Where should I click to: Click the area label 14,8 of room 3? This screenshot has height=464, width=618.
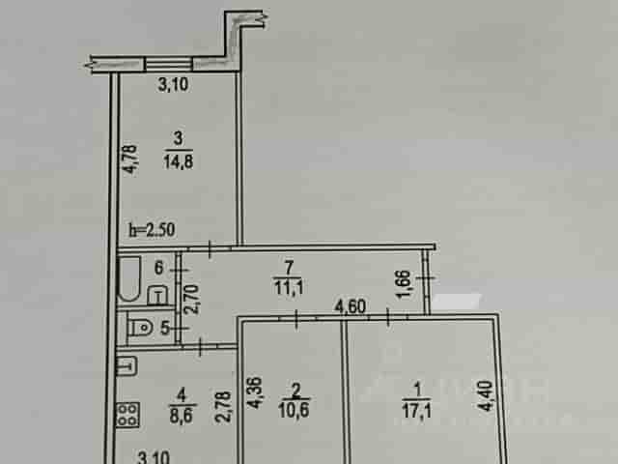pyautogui.click(x=178, y=161)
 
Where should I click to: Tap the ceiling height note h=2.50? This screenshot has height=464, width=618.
pyautogui.click(x=153, y=230)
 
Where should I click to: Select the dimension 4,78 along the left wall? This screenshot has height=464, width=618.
pyautogui.click(x=130, y=159)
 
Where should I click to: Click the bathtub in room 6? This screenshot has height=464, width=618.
pyautogui.click(x=129, y=278)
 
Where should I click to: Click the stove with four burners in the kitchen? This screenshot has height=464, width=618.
pyautogui.click(x=127, y=415)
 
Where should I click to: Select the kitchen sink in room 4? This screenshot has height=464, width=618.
pyautogui.click(x=126, y=365)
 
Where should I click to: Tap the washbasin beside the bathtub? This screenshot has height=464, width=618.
pyautogui.click(x=158, y=296)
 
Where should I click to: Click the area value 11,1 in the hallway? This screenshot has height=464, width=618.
pyautogui.click(x=289, y=287)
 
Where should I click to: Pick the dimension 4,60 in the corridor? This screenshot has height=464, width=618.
pyautogui.click(x=350, y=306)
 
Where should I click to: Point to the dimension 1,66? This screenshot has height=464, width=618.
pyautogui.click(x=405, y=284)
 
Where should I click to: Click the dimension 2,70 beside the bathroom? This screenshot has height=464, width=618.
pyautogui.click(x=192, y=300)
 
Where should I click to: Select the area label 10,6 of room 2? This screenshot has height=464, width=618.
pyautogui.click(x=294, y=410)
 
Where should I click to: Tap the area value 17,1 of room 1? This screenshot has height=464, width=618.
pyautogui.click(x=416, y=411)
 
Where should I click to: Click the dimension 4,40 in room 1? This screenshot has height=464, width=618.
pyautogui.click(x=486, y=395)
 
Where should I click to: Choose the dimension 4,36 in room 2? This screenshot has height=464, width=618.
pyautogui.click(x=254, y=393)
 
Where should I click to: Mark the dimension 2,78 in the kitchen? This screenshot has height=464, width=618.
pyautogui.click(x=224, y=406)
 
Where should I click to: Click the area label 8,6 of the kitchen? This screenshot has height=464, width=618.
pyautogui.click(x=182, y=416)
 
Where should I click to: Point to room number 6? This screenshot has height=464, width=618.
pyautogui.click(x=158, y=268)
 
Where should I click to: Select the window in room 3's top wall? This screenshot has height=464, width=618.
pyautogui.click(x=169, y=64)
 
